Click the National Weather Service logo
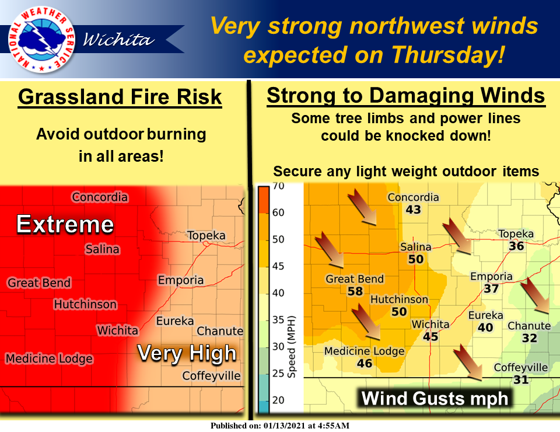coord(41,39)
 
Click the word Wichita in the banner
coord(118,40)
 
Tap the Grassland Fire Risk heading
coord(120,97)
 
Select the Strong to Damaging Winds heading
coord(406,96)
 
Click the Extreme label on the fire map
coord(65,224)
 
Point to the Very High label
coord(187,353)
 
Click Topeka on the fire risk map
coord(206,235)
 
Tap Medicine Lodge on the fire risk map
coord(49,358)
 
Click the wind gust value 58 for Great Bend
coord(355,291)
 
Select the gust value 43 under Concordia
coord(413,210)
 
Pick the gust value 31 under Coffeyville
coord(521,379)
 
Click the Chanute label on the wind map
coord(529,326)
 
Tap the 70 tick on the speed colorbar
coord(278,186)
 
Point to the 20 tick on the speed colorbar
coord(278,400)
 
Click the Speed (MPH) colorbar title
coord(292,347)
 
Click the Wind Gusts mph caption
coord(435,398)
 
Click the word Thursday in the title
coord(448,54)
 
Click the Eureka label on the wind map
coord(485,315)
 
